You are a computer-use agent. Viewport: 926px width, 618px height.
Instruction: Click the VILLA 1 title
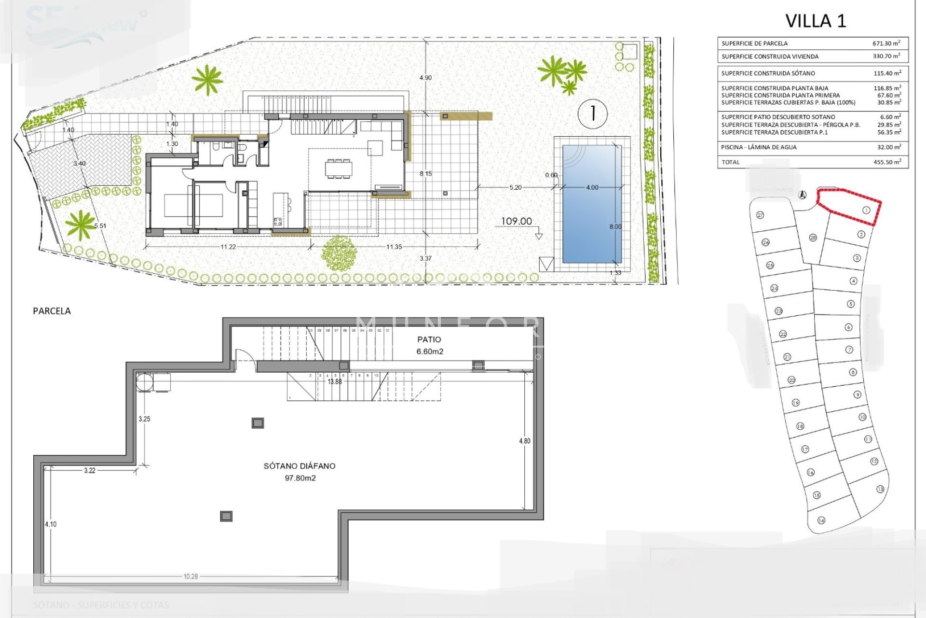coord(816,21)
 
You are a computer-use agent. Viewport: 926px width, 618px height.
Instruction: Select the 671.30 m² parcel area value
coord(886,43)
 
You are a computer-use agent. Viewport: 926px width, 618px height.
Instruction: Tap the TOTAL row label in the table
coord(731,162)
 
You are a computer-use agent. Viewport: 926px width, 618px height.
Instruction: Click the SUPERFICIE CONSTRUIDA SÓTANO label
coord(768,73)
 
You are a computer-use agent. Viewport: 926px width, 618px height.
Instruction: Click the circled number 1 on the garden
coord(592,113)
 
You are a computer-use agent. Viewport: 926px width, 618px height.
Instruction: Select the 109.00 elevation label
coord(517,222)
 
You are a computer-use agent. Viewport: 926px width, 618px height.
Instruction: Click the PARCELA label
coord(52,311)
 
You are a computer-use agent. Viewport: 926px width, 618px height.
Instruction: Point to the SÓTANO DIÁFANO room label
coord(300,466)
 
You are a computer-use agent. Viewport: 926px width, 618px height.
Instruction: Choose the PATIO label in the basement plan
coord(429,340)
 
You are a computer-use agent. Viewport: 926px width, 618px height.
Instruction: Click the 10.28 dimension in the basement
coord(191,576)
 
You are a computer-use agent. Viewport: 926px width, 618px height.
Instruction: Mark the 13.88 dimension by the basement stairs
coord(335,382)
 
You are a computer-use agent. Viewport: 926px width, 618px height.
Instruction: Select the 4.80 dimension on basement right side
coord(524,441)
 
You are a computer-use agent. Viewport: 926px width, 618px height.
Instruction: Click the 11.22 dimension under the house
coord(228,247)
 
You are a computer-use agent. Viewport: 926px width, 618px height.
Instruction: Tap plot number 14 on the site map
coord(821,520)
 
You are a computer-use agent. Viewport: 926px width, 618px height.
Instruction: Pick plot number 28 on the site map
coord(813,238)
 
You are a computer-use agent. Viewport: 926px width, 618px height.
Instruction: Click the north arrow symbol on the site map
coord(803,195)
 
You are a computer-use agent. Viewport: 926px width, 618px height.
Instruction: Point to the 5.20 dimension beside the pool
coord(515,188)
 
